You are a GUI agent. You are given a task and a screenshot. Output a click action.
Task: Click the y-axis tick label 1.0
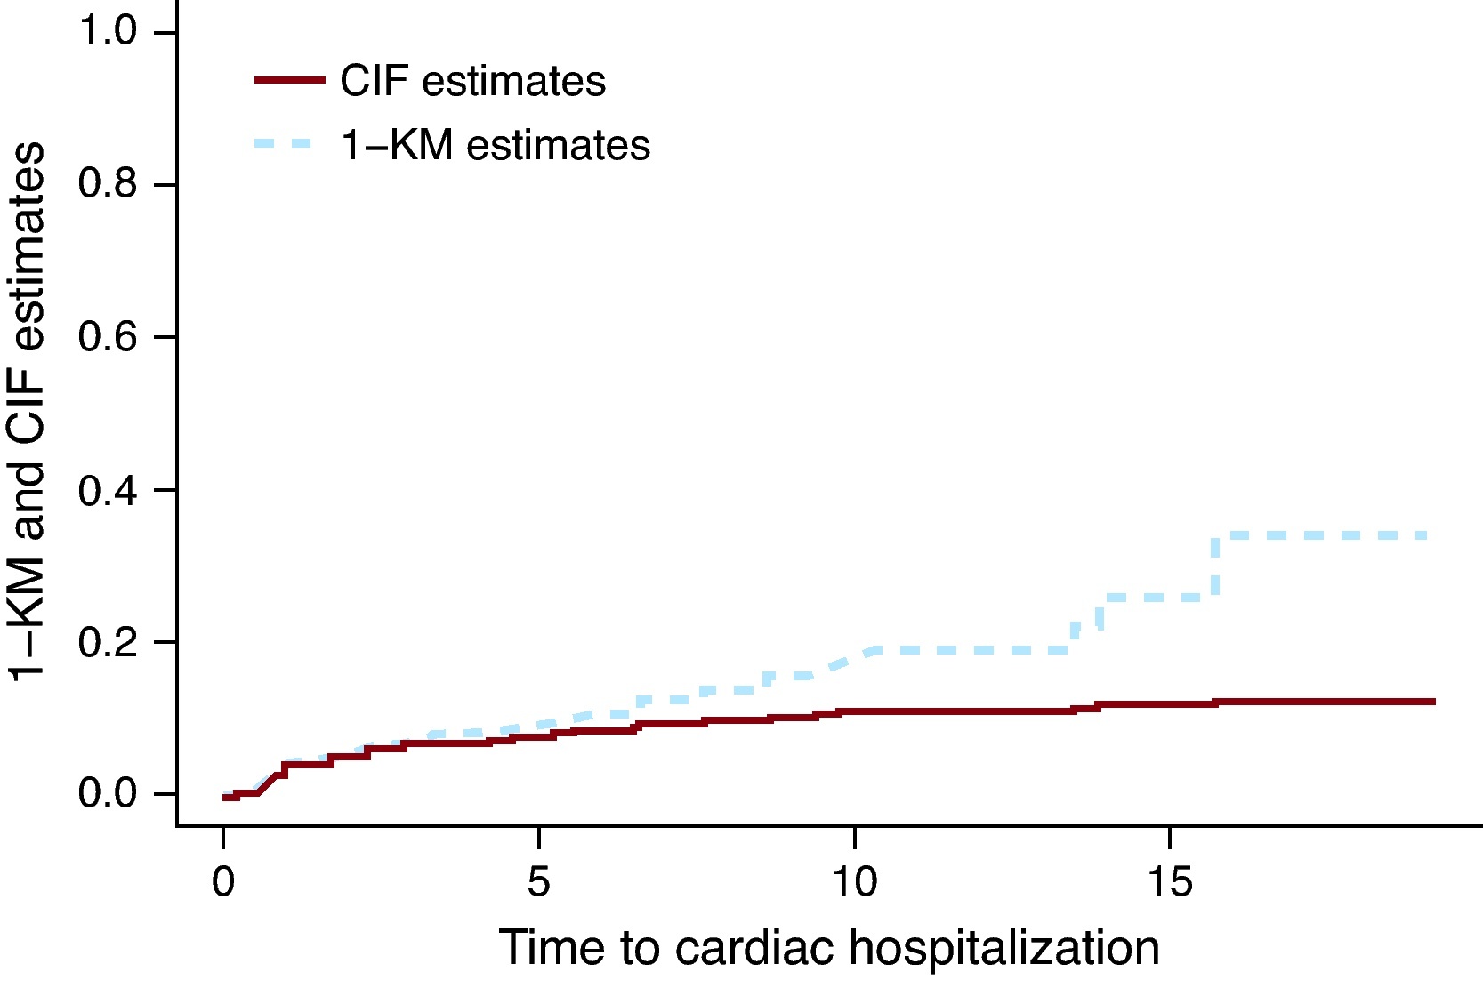click(108, 31)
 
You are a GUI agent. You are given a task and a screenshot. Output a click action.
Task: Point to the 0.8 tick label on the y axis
click(108, 184)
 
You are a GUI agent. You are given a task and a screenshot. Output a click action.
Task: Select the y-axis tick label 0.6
click(108, 337)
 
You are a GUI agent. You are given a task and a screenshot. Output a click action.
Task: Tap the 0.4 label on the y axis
click(108, 490)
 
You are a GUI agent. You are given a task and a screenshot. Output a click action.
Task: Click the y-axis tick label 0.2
click(108, 642)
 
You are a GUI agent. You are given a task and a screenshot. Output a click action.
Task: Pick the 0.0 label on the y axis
click(108, 793)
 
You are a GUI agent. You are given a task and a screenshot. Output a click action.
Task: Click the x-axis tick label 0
click(223, 881)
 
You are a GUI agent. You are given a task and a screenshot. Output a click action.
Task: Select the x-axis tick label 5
click(538, 881)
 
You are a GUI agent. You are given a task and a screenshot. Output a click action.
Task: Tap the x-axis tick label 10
click(854, 881)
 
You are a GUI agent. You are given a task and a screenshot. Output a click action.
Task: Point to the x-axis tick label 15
click(1169, 881)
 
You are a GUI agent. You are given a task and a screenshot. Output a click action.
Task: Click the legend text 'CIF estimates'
click(472, 82)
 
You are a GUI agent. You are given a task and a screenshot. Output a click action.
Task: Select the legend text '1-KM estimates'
click(496, 146)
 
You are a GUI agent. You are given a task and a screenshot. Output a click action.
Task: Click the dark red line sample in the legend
click(289, 80)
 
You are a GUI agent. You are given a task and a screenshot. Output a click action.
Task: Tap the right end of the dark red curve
click(1433, 702)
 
